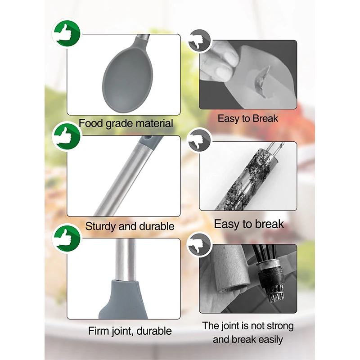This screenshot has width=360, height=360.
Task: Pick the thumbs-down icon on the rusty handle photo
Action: click(x=198, y=140)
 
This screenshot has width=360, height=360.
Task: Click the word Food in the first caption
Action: click(x=91, y=123)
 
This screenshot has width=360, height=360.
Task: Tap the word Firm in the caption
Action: click(x=99, y=331)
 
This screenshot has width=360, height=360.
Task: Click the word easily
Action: click(x=267, y=339)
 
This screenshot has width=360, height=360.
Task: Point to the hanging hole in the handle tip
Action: click(x=148, y=141)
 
